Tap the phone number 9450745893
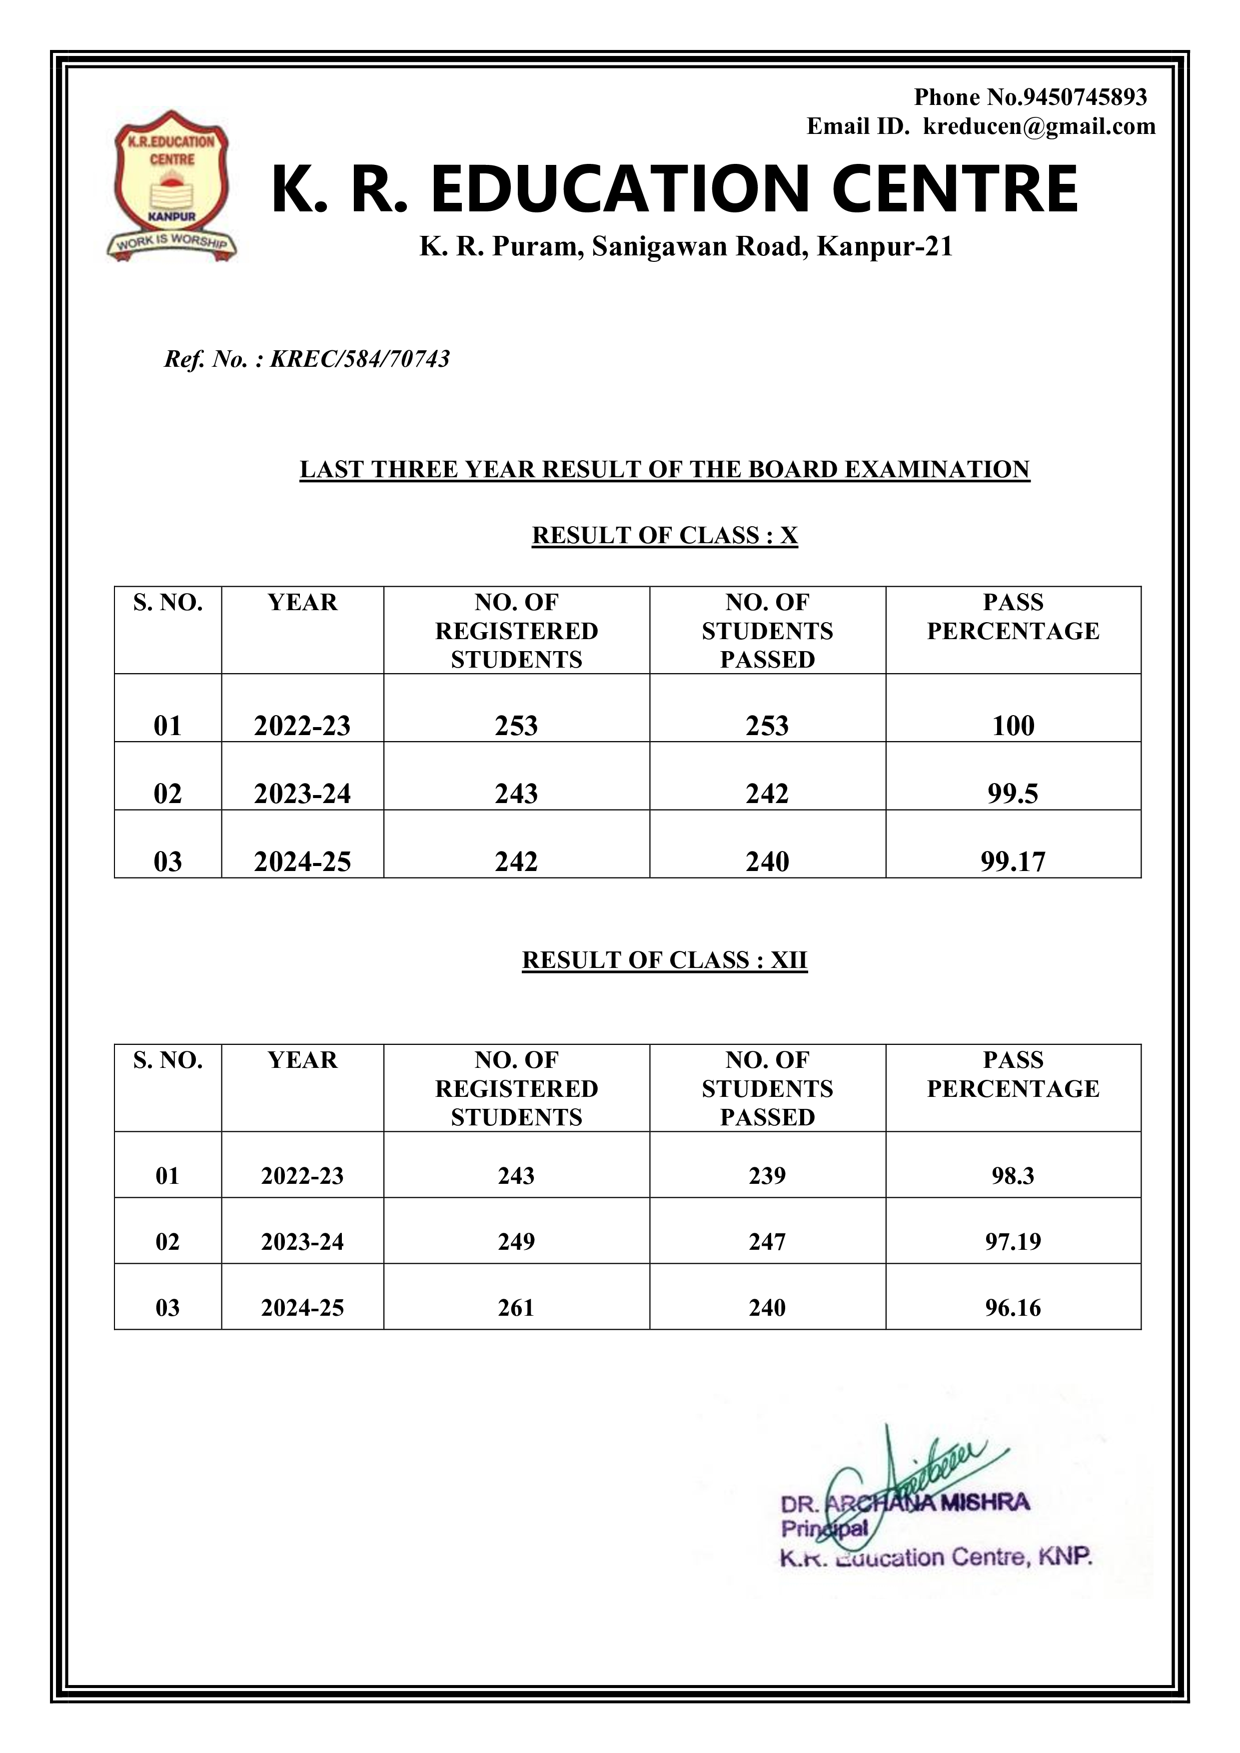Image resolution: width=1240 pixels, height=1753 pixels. click(x=1084, y=97)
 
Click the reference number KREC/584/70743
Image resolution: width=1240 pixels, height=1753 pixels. click(x=360, y=359)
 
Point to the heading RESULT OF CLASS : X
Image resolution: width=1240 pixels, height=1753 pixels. click(x=664, y=535)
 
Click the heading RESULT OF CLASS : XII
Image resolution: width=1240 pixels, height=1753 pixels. click(x=664, y=960)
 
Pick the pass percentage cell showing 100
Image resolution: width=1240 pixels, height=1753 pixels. click(x=1013, y=725)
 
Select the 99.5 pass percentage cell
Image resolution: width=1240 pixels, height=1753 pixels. click(x=1013, y=793)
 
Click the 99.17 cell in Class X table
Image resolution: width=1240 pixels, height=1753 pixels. click(x=1013, y=861)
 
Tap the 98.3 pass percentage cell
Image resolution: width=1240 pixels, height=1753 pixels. click(x=1013, y=1176)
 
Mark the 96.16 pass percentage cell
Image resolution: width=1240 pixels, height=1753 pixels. click(x=1013, y=1308)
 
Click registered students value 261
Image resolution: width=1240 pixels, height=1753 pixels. click(x=516, y=1308)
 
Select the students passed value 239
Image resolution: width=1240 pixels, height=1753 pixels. click(x=767, y=1176)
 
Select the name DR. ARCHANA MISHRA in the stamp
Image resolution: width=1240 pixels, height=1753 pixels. click(x=905, y=1505)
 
